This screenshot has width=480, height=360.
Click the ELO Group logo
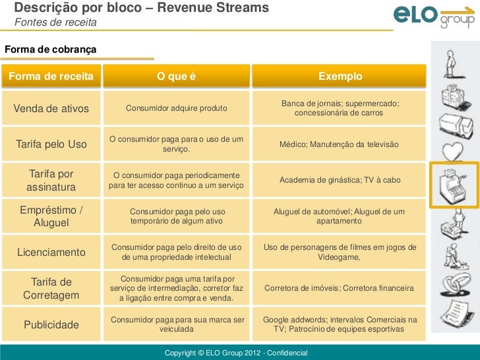pos(434,16)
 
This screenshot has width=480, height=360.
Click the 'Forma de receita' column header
pos(51,76)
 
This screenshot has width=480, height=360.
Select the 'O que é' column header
pos(176,76)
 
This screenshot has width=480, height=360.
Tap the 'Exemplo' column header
pos(340,76)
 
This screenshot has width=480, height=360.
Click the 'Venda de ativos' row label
pos(51,108)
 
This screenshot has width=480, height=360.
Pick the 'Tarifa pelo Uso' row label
pos(51,144)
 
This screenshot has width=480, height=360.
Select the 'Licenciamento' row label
pos(51,253)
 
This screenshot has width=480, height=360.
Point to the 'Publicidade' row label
pos(51,325)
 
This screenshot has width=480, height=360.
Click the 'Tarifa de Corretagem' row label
pos(51,289)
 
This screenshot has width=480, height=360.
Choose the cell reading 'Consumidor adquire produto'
pos(176,108)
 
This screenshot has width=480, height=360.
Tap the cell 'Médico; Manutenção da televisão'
pos(339,144)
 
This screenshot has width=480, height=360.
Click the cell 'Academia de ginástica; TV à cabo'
pos(340,180)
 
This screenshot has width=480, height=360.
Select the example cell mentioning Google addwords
pos(340,324)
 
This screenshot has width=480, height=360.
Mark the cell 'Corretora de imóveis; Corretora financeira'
pos(339,289)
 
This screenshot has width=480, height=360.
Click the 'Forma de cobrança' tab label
pos(50,49)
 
